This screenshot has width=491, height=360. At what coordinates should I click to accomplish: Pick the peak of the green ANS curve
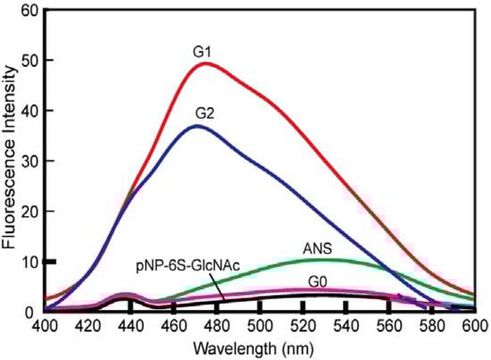[329, 260]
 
